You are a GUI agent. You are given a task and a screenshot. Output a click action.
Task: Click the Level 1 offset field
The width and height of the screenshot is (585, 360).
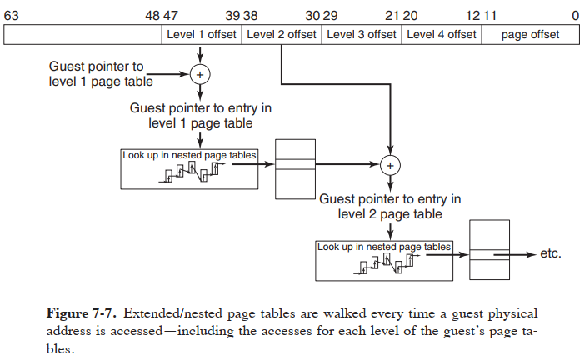pyautogui.click(x=201, y=34)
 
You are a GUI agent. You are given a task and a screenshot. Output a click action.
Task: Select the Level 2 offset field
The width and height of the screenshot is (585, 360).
pyautogui.click(x=282, y=34)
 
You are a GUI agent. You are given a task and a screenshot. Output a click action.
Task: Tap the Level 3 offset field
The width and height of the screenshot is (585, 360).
pyautogui.click(x=362, y=34)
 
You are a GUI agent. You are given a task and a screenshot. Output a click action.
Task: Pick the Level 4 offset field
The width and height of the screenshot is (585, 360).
pyautogui.click(x=442, y=34)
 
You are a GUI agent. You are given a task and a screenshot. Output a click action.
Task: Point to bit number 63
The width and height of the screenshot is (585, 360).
pyautogui.click(x=12, y=16)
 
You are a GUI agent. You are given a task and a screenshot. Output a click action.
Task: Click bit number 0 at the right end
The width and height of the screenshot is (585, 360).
pyautogui.click(x=575, y=16)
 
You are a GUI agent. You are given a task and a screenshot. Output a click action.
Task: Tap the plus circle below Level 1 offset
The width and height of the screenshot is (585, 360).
pyautogui.click(x=200, y=74)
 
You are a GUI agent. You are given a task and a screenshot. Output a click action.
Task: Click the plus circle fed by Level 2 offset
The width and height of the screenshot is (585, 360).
pyautogui.click(x=389, y=165)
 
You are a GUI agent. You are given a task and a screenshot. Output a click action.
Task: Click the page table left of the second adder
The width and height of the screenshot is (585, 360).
pyautogui.click(x=296, y=168)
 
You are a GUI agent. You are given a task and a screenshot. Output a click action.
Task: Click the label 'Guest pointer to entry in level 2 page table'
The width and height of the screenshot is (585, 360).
pyautogui.click(x=390, y=207)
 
